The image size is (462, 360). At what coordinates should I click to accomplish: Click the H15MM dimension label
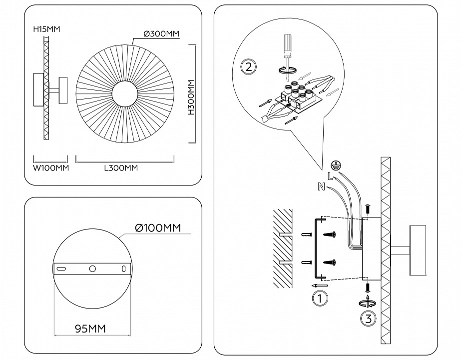(46, 29)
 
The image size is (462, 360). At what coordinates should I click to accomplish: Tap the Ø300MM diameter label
(161, 33)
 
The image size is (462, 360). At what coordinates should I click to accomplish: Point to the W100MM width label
(50, 168)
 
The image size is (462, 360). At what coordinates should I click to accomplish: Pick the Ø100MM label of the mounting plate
(157, 228)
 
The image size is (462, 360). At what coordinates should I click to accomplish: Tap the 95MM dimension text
(90, 328)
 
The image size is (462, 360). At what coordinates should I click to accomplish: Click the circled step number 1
(319, 298)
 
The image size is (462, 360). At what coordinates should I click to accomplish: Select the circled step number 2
(248, 67)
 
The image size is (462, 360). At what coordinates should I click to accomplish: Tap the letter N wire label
(321, 187)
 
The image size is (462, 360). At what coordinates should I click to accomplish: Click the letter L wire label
(330, 176)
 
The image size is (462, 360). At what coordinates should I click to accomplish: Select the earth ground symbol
(337, 165)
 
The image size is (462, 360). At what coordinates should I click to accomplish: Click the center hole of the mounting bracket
(92, 269)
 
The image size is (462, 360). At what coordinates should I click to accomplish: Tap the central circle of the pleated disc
(124, 93)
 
